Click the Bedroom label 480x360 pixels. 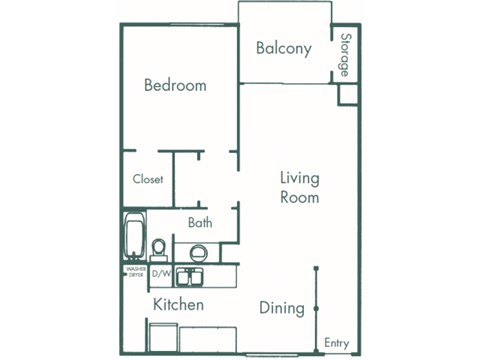pyautogui.click(x=175, y=85)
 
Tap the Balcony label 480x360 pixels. pyautogui.click(x=283, y=48)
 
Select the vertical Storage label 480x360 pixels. pyautogui.click(x=345, y=55)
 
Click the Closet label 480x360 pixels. pyautogui.click(x=148, y=180)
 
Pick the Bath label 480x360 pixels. pyautogui.click(x=200, y=223)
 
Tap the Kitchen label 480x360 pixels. pyautogui.click(x=178, y=304)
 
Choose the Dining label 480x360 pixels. pyautogui.click(x=281, y=308)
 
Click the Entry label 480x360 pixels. pyautogui.click(x=337, y=343)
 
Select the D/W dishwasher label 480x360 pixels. pyautogui.click(x=161, y=271)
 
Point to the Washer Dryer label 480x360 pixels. pyautogui.click(x=135, y=272)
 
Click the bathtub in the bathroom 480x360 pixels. pyautogui.click(x=134, y=238)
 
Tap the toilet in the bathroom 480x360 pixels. pyautogui.click(x=159, y=246)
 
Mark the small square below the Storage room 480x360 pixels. pyautogui.click(x=347, y=93)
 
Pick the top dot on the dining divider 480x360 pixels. pyautogui.click(x=316, y=269)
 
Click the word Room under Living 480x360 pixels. pyautogui.click(x=299, y=198)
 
